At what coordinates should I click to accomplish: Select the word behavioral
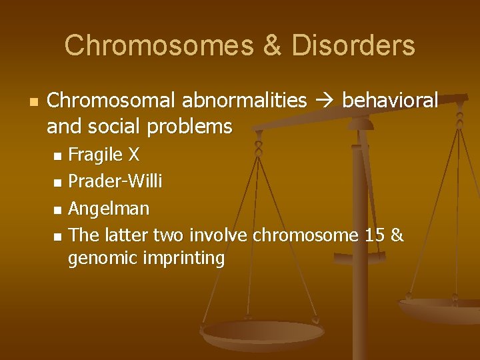pyautogui.click(x=389, y=101)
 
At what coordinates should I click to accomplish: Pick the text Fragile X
pyautogui.click(x=104, y=155)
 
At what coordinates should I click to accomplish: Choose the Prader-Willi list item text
pyautogui.click(x=115, y=181)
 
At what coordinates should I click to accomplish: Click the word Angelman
pyautogui.click(x=109, y=209)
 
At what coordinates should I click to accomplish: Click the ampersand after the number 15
pyautogui.click(x=397, y=235)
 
